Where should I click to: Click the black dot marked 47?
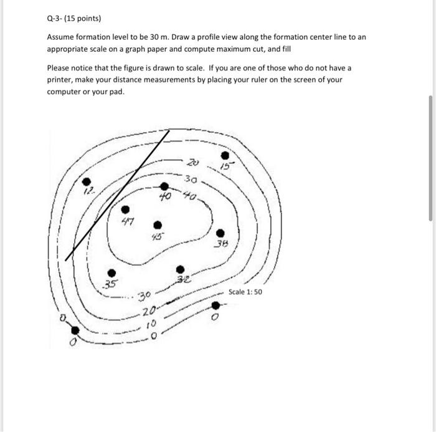pos(125,210)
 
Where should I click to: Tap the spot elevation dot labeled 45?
pos(158,224)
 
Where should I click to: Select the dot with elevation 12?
pos(87,182)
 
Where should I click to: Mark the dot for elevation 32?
pos(180,269)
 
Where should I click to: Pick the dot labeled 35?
pos(111,272)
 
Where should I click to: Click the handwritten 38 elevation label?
pos(221,244)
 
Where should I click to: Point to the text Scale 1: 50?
pos(245,292)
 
